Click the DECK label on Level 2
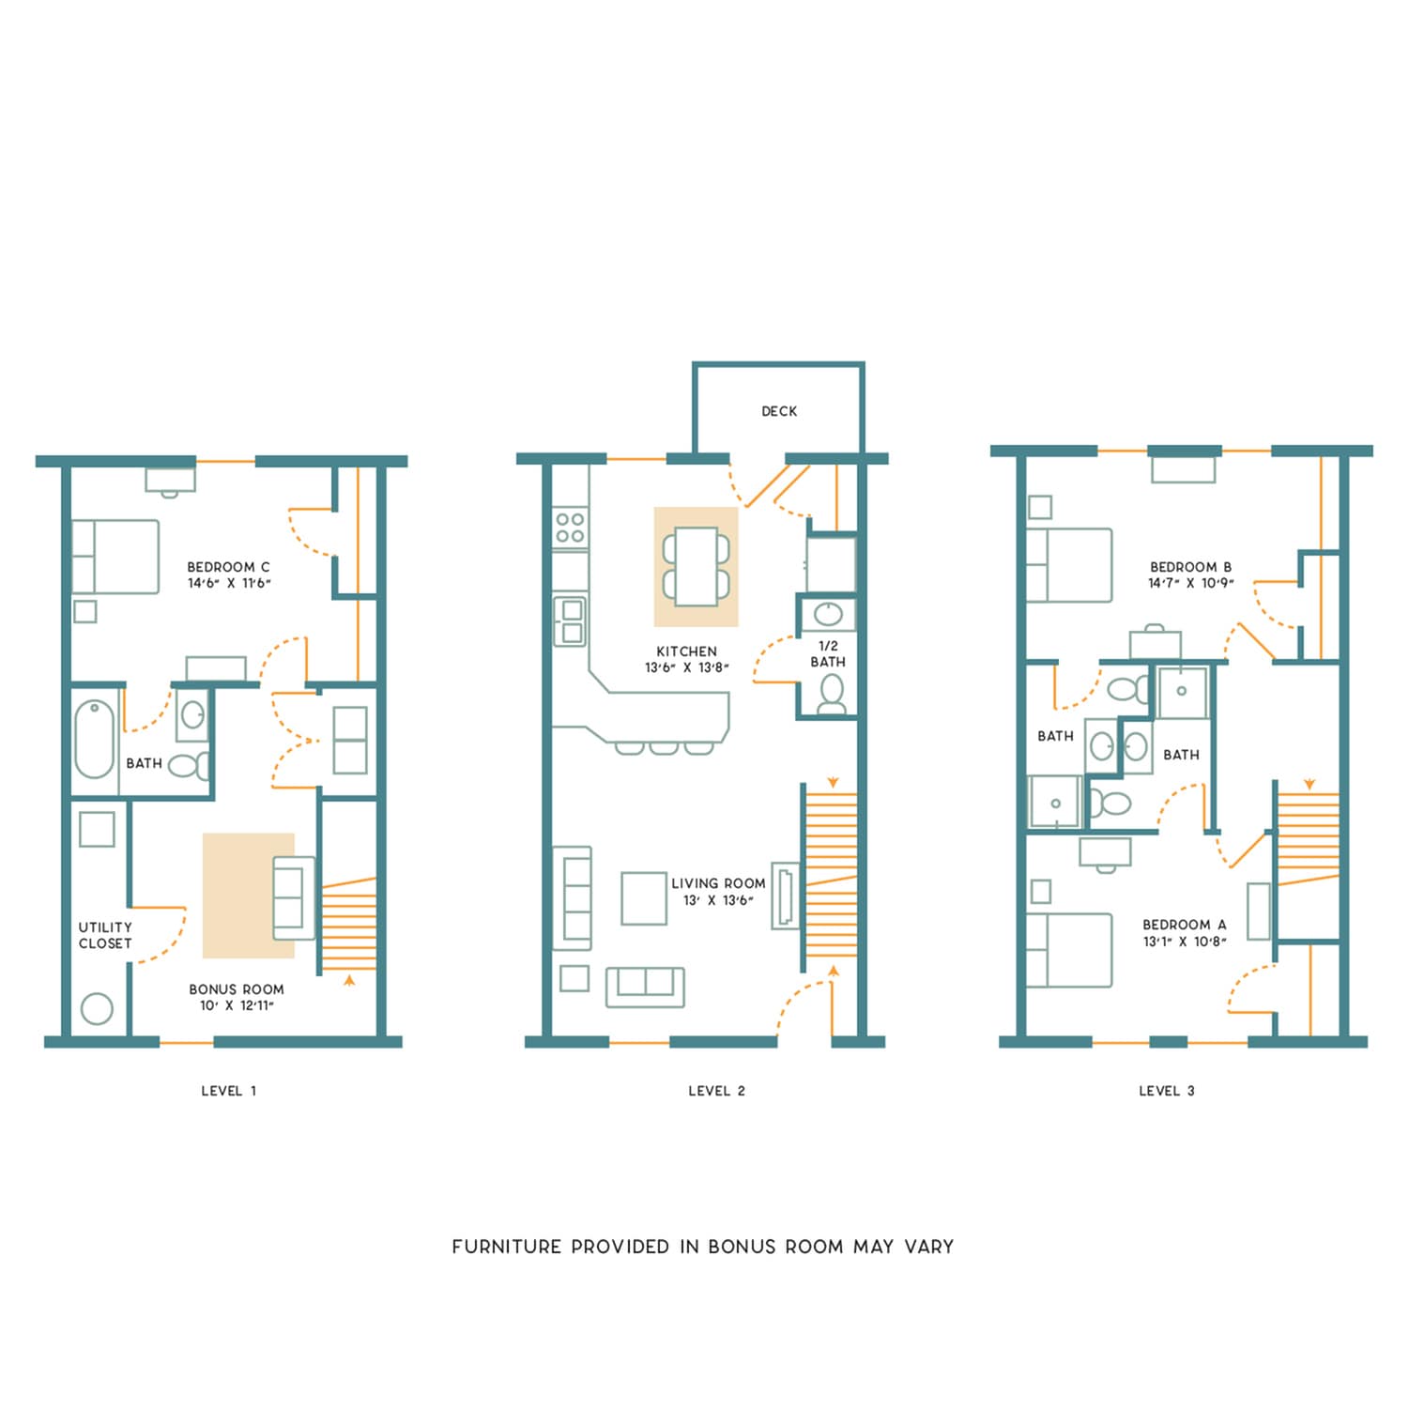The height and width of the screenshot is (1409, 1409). (x=779, y=411)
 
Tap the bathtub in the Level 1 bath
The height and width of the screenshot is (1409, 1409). (x=94, y=739)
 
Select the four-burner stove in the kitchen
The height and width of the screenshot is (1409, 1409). (x=570, y=527)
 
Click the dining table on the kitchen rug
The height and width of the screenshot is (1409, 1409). (x=696, y=567)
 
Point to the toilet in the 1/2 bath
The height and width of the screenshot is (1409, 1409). (x=832, y=694)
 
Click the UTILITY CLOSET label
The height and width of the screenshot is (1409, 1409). (x=105, y=935)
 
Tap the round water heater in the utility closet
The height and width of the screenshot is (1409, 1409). (x=97, y=1009)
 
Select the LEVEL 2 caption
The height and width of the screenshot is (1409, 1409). (x=716, y=1091)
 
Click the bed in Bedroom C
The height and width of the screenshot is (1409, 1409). (x=115, y=557)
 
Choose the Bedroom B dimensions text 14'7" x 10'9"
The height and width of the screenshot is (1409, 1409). (x=1190, y=583)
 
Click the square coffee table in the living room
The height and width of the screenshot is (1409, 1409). (x=644, y=898)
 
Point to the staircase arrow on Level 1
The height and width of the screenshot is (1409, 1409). (x=350, y=981)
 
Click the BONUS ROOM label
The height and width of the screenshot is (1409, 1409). (x=237, y=989)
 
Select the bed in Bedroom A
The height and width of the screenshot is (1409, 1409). (x=1069, y=951)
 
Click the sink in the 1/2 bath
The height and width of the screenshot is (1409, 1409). (x=828, y=615)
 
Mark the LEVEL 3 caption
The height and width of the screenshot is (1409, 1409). (x=1167, y=1091)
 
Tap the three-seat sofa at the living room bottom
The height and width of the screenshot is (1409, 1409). (x=645, y=987)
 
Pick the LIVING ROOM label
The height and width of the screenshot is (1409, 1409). (x=718, y=883)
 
